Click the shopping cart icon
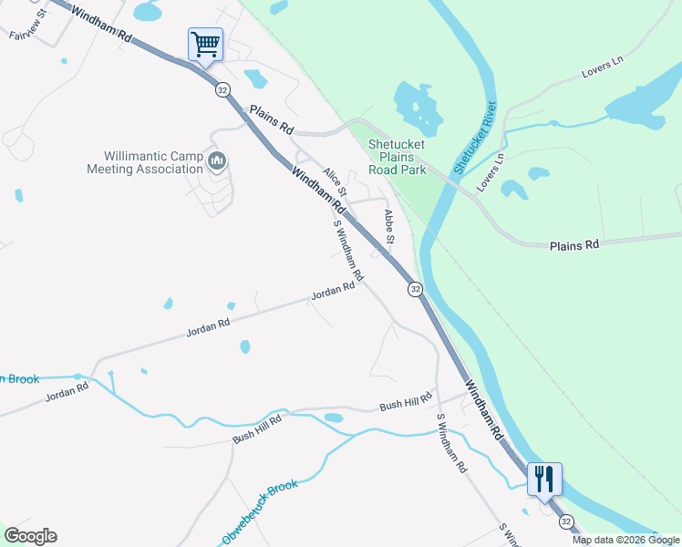pos(205,44)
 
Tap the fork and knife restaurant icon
pos(544,479)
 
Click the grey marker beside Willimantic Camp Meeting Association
pos(217,162)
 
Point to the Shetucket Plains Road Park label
pos(397,157)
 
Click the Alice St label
pos(335,182)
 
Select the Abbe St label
pos(389,226)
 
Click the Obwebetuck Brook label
pos(260,512)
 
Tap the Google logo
pos(30,536)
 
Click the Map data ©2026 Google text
pos(625,540)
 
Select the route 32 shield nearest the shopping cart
pos(222,89)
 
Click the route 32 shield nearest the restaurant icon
pos(566,521)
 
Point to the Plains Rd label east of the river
pos(574,245)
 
